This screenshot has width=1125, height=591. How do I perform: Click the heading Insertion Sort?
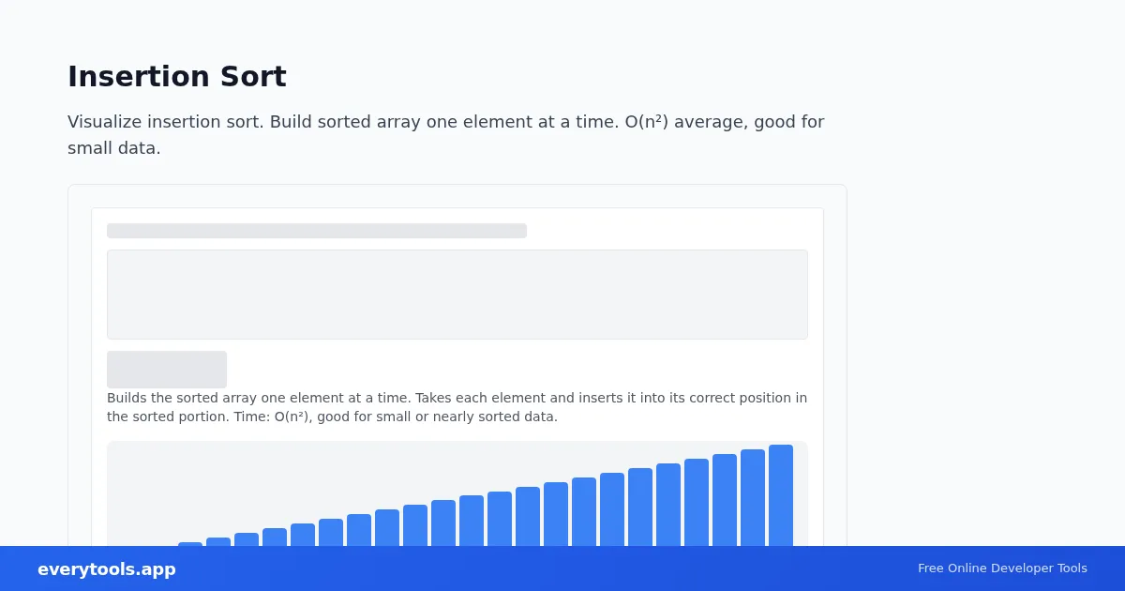[x=177, y=76]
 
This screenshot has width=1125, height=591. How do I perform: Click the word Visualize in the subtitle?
[x=104, y=122]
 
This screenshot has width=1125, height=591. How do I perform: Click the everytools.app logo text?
[x=107, y=568]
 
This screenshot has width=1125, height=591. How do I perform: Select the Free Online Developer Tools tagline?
[x=1002, y=568]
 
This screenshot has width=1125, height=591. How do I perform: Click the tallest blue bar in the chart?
[x=781, y=495]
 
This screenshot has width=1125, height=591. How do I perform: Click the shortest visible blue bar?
[x=190, y=544]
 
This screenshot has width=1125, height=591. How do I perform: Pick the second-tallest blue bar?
[x=753, y=498]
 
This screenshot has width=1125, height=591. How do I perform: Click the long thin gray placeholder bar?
[x=317, y=231]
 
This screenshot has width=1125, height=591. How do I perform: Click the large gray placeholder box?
[x=457, y=295]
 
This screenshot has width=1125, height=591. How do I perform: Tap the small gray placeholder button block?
[x=167, y=370]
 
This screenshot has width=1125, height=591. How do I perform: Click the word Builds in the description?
[x=127, y=398]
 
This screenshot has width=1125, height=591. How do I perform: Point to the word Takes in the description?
[x=432, y=398]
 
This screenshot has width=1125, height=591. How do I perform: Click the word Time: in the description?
[x=252, y=417]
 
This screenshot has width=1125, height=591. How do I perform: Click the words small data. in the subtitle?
[x=114, y=148]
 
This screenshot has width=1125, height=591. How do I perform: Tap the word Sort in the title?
[x=253, y=76]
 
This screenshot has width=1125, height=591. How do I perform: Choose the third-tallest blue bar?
[x=725, y=500]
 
